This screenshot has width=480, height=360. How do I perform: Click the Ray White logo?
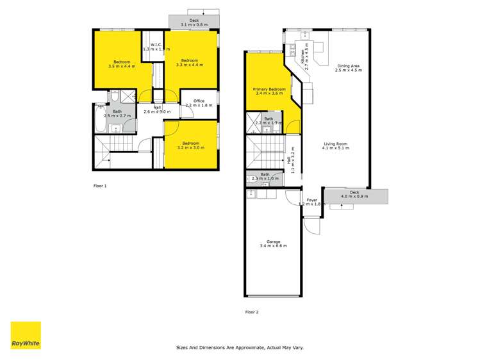(26, 335)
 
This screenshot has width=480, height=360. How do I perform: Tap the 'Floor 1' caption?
(100, 186)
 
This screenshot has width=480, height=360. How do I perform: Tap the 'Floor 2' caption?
(252, 312)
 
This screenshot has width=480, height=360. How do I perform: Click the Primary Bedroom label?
(269, 91)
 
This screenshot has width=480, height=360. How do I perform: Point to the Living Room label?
(336, 147)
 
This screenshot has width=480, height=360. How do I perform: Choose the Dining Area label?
(348, 68)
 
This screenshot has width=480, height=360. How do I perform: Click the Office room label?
(198, 102)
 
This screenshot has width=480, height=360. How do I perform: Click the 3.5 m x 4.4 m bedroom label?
(122, 63)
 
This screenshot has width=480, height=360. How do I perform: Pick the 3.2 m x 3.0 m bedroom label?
(190, 145)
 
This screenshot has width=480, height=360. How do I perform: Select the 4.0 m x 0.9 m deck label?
(354, 195)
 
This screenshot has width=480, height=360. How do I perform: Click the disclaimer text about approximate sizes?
(240, 348)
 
